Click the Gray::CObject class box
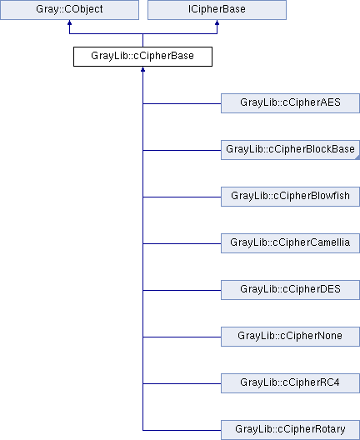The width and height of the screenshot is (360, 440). [70, 10]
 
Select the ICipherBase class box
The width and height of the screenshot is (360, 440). [217, 10]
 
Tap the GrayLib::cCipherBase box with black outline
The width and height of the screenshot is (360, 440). [142, 57]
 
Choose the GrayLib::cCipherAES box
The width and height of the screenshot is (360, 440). [290, 103]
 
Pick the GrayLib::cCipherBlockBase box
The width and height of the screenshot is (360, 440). [290, 150]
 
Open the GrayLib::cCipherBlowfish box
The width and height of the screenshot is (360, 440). [290, 197]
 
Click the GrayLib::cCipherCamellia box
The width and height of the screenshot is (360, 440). [290, 243]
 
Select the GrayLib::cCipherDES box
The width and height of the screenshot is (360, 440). [290, 290]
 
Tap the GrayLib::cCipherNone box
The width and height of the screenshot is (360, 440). [290, 337]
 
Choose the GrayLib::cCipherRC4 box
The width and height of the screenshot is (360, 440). [290, 383]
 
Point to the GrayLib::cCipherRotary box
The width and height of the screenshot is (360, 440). [290, 430]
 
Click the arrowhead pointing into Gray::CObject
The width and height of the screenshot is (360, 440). [70, 22]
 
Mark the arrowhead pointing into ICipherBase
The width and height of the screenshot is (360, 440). [217, 22]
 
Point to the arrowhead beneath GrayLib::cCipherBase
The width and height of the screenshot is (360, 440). [142, 69]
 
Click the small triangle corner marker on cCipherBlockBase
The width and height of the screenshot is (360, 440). [357, 157]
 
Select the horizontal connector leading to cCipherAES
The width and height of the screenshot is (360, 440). [182, 103]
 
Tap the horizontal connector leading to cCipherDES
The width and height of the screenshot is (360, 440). [182, 290]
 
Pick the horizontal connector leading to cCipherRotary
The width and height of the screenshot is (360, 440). [182, 430]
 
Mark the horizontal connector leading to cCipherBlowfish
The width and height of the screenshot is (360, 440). [182, 197]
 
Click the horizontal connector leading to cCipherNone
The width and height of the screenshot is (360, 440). [182, 337]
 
